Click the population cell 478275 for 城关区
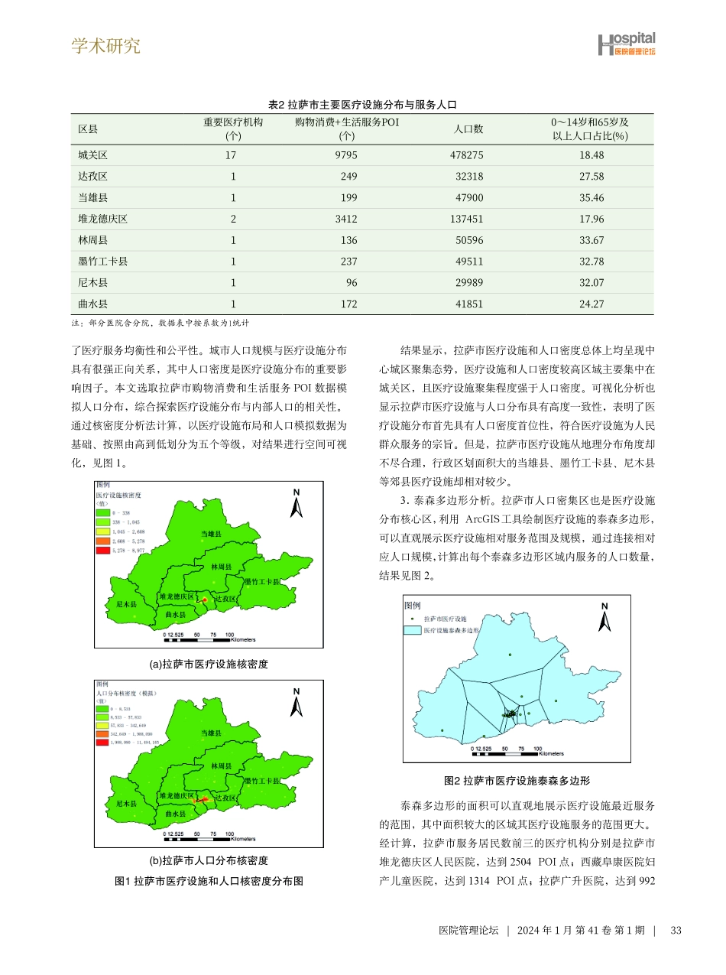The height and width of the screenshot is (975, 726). pos(468,155)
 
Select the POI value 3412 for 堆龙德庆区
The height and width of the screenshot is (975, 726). pos(346,219)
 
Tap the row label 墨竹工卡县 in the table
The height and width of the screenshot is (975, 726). pos(102,262)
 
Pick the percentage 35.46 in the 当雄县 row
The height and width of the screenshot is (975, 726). pos(591,197)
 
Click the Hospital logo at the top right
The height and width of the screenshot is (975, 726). pos(626,44)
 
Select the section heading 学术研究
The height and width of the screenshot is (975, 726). pos(106,46)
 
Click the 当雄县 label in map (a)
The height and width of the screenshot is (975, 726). pos(211,533)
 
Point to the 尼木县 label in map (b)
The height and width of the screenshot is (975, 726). pos(126,804)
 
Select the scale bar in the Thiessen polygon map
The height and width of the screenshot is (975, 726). pos(504,752)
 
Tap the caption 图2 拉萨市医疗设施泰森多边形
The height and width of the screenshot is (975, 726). pos(517,781)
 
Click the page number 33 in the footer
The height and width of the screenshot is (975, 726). pos(675,931)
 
